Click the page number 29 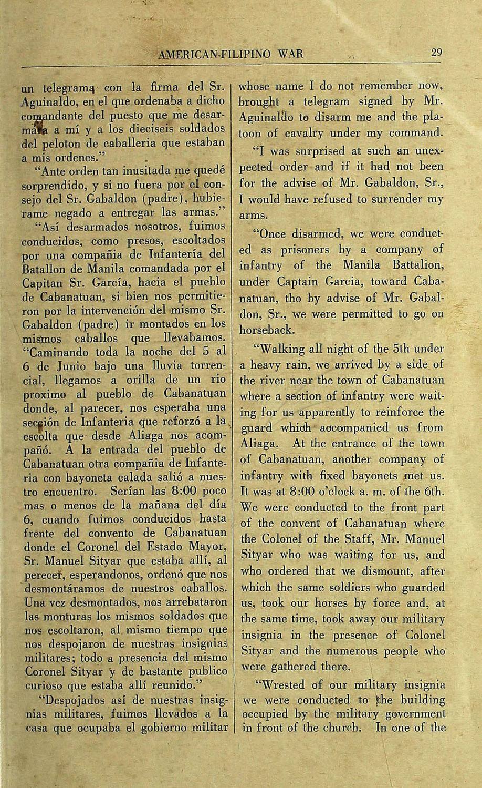436,53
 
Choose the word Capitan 41,281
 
